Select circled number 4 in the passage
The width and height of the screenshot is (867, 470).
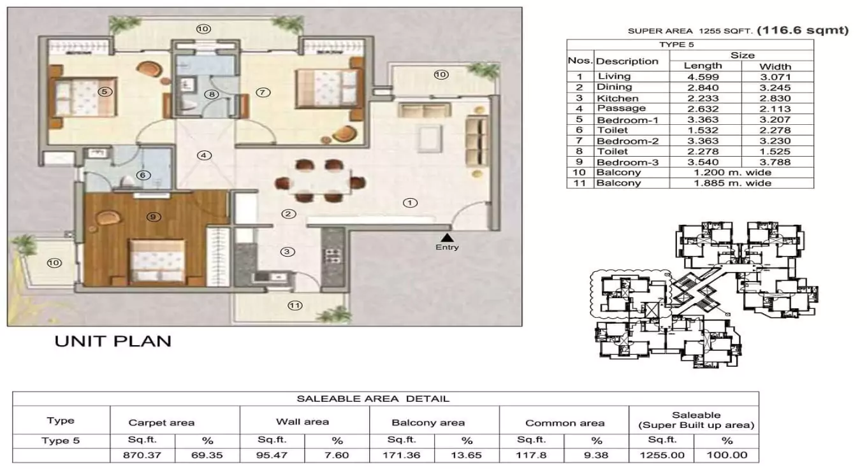[x=204, y=155]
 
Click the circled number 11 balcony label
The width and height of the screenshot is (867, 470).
[x=295, y=305]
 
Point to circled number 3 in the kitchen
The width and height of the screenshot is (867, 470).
[x=288, y=252]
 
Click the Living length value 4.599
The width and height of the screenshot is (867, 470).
[x=703, y=76]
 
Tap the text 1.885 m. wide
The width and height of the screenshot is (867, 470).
[x=741, y=183]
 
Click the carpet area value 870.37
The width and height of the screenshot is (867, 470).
[x=142, y=455]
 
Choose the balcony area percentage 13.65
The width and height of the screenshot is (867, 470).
[x=467, y=455]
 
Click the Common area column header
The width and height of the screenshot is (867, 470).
[x=564, y=423]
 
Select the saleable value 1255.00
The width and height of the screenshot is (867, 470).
[x=662, y=455]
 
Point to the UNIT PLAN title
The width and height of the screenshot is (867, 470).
[x=113, y=341]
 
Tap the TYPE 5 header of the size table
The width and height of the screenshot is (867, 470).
[x=690, y=45]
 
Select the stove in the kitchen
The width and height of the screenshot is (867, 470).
[x=333, y=255]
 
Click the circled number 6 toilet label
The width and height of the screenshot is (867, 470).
[x=143, y=175]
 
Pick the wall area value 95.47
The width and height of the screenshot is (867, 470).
[x=272, y=455]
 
